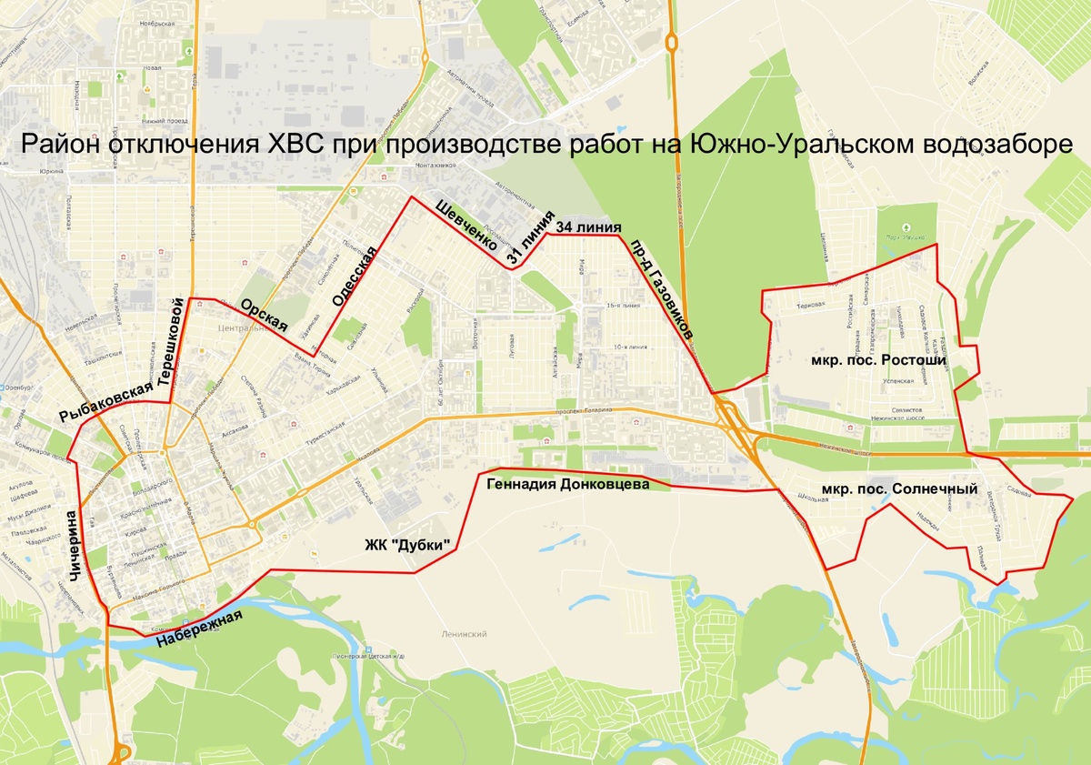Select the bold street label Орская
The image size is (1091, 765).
tap(265, 316)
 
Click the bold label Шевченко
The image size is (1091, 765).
tap(466, 224)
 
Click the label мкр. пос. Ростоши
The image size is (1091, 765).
tap(878, 360)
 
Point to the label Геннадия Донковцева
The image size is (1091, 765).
tap(568, 485)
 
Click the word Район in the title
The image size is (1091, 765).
tap(60, 146)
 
